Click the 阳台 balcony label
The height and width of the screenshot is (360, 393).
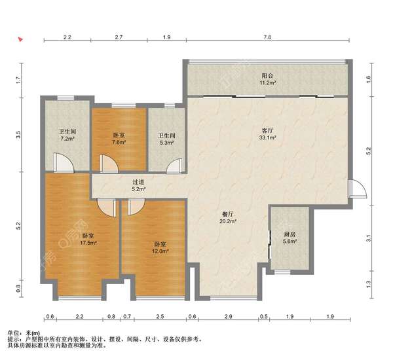[x=267, y=76]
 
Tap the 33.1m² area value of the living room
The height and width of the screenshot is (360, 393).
[x=268, y=137]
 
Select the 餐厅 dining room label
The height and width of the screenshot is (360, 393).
[x=228, y=215]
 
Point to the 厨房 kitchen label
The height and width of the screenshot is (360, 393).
[x=290, y=234]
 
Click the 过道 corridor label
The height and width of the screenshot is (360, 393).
[x=138, y=183]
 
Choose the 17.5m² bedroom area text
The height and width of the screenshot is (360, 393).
[x=88, y=243]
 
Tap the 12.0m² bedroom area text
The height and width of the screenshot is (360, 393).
[x=160, y=251]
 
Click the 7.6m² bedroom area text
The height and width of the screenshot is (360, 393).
[x=119, y=142]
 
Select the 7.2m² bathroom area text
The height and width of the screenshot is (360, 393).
[x=67, y=138]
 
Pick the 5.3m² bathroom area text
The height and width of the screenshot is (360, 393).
[x=166, y=143]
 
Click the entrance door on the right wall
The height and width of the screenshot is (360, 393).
[x=358, y=189]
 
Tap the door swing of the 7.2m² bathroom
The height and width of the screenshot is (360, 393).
[x=64, y=162]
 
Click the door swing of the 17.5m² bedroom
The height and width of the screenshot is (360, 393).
[x=106, y=208]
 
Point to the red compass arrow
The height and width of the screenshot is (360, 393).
[x=20, y=39]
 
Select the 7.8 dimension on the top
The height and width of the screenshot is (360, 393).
[x=267, y=37]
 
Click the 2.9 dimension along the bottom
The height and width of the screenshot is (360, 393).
[x=229, y=316]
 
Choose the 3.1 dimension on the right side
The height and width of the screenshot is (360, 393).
[x=368, y=238]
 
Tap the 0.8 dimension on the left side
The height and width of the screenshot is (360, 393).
[x=18, y=289]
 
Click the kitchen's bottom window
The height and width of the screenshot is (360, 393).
[x=282, y=272]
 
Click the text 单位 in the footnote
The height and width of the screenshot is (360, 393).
[x=13, y=333]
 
